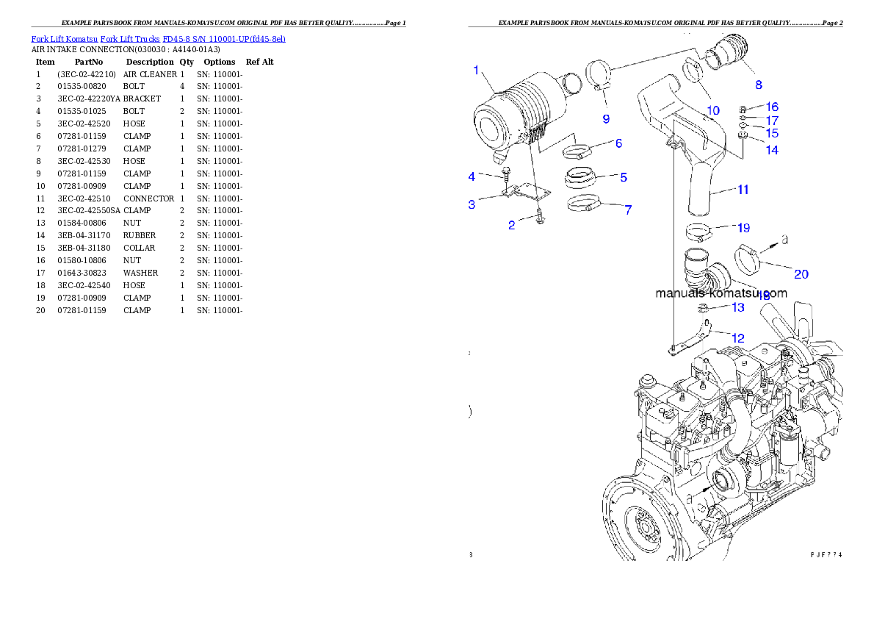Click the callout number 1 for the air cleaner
476,71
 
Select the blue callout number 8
759,85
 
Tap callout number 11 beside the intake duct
743,190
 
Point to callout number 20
801,274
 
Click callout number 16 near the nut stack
772,107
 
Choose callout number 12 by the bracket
737,338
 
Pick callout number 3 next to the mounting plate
472,205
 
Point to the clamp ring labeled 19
699,235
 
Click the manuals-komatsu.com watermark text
720,293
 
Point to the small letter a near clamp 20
784,240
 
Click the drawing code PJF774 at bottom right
826,554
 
